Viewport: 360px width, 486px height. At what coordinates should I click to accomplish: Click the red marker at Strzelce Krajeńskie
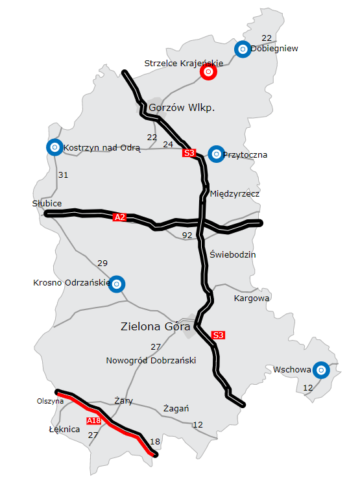tap(208, 73)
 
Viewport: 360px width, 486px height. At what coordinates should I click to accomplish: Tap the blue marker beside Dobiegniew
tap(242, 49)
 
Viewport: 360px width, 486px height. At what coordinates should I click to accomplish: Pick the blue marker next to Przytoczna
tap(215, 154)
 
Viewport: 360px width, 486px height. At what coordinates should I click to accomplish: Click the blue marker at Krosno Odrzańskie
tap(116, 284)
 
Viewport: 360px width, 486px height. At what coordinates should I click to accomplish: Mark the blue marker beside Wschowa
tap(320, 370)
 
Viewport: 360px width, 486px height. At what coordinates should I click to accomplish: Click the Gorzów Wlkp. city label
tap(182, 108)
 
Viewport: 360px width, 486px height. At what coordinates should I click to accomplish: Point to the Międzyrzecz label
tap(235, 194)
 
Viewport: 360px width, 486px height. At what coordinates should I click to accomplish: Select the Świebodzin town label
tap(233, 254)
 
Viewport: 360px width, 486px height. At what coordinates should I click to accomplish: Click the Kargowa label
tap(251, 298)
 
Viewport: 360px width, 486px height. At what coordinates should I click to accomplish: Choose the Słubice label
tap(47, 203)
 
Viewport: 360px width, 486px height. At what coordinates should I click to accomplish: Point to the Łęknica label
tap(64, 430)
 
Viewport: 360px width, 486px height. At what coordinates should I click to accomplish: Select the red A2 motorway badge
tap(119, 217)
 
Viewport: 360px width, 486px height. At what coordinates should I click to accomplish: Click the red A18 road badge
tap(93, 422)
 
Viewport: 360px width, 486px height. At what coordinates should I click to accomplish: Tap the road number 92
tap(188, 236)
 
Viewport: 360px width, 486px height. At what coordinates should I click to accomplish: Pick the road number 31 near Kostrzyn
tap(63, 175)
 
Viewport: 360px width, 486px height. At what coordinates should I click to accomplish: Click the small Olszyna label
tap(50, 401)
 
